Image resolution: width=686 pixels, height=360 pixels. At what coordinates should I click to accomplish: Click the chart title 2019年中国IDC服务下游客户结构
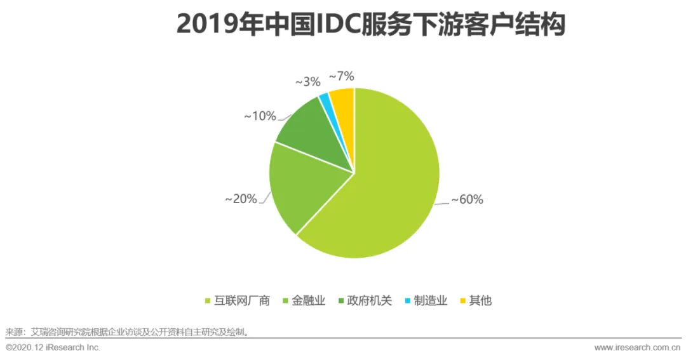[x=371, y=25]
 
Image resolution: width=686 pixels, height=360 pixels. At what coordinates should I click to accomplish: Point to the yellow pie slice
[x=344, y=100]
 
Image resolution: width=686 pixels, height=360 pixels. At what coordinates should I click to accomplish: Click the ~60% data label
[x=467, y=199]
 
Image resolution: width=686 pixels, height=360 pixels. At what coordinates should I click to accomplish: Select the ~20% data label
[x=241, y=199]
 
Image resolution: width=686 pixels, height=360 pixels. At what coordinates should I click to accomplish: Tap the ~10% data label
[x=260, y=116]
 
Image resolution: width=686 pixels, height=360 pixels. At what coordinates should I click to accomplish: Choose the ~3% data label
[x=308, y=82]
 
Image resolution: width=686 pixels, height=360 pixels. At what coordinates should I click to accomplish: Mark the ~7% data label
[x=341, y=76]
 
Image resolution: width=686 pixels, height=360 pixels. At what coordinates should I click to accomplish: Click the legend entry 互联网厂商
[x=238, y=301]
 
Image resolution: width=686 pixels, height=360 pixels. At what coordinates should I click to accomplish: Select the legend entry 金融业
[x=304, y=301]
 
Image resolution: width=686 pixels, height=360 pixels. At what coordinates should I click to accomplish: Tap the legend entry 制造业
[x=426, y=301]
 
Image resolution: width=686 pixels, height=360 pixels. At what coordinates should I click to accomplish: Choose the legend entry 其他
[x=476, y=301]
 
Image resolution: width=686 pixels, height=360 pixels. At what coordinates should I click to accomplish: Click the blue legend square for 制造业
[x=408, y=301]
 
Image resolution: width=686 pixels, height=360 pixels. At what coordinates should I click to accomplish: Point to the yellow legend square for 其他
[x=463, y=301]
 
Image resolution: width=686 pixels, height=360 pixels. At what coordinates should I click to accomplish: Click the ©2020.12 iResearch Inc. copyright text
[x=53, y=348]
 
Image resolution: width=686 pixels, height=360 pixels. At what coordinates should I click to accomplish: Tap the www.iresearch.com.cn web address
[x=638, y=348]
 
